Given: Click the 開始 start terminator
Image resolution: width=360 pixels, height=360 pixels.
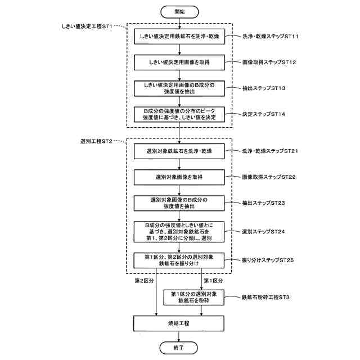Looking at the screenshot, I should point(179,11).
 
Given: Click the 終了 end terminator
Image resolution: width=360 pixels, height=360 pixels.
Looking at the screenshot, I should point(179,348).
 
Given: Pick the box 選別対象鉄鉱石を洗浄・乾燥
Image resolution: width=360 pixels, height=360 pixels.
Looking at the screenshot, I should point(179,151).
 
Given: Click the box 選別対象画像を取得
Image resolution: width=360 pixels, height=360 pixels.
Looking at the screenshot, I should point(179,177).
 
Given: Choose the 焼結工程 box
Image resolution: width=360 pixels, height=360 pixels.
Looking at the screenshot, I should point(179,323).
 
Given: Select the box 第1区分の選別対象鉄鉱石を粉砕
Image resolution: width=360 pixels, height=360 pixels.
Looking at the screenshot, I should point(193,297).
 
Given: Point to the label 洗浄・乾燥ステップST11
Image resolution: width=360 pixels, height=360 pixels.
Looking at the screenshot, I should point(271,37).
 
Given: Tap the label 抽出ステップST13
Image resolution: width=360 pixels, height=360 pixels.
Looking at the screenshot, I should point(264,88).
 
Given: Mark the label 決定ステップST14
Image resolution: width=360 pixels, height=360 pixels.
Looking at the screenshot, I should point(264,114).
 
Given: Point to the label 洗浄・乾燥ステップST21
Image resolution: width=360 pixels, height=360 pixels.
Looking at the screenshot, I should point(271,151).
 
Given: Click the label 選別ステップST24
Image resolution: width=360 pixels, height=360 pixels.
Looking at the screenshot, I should point(264,231).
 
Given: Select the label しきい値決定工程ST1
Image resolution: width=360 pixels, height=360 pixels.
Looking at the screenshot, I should point(87,26).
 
